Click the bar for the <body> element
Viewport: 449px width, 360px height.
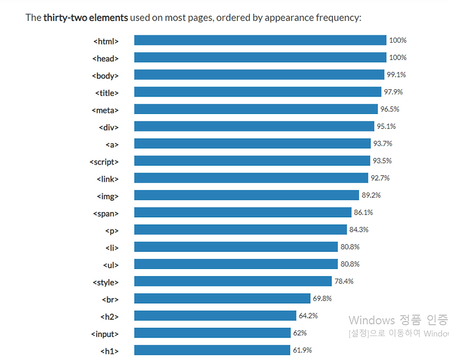click(259, 75)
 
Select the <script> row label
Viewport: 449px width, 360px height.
click(104, 162)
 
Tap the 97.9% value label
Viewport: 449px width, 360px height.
click(393, 92)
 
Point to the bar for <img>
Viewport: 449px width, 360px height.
click(246, 195)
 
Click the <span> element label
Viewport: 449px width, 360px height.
click(106, 214)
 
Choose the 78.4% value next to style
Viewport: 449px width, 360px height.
click(344, 281)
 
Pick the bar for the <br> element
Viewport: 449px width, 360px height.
click(222, 298)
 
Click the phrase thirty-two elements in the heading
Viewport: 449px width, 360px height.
click(86, 17)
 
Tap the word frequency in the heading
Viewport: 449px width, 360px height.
click(339, 18)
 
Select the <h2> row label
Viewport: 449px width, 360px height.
click(109, 317)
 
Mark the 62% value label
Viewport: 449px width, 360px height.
click(300, 333)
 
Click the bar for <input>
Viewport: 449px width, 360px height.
click(213, 332)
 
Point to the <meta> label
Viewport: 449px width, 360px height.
click(105, 110)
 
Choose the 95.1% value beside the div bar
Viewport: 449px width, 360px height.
click(386, 126)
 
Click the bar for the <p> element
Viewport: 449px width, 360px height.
click(241, 229)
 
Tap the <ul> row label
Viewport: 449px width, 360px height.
click(111, 265)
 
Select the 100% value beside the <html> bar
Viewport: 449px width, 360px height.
click(398, 40)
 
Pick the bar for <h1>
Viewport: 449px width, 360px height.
click(212, 350)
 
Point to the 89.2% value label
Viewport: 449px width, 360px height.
click(371, 195)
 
